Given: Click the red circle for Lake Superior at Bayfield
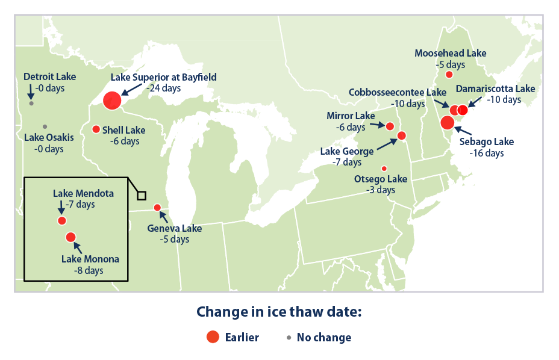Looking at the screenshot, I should click(x=112, y=101).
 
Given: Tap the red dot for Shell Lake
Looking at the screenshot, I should click(x=96, y=129).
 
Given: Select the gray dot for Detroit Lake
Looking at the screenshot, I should click(x=31, y=103).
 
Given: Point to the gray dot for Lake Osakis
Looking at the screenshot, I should click(x=45, y=126).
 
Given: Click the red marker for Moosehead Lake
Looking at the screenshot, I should click(x=449, y=75).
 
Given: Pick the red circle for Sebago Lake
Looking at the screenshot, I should click(x=447, y=123).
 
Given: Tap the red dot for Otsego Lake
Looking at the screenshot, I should click(x=384, y=168).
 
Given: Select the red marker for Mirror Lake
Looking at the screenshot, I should click(x=390, y=126).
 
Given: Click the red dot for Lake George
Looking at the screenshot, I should click(x=402, y=135).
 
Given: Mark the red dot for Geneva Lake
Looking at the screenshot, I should click(x=157, y=208).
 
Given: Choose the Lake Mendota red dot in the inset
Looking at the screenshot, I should click(x=61, y=220).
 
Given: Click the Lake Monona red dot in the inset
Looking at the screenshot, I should click(x=70, y=237).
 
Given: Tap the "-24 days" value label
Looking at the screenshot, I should click(x=163, y=88).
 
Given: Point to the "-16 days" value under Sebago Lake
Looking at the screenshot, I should click(x=486, y=153).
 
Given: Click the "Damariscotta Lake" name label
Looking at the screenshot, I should click(x=495, y=88).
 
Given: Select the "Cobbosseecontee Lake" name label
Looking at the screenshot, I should click(x=398, y=93).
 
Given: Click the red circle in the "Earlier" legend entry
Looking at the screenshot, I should click(x=212, y=337).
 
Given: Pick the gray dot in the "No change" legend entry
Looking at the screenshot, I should click(x=289, y=338).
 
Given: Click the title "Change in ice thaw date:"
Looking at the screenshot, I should click(x=279, y=312).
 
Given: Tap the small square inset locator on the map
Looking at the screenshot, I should click(x=142, y=195).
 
